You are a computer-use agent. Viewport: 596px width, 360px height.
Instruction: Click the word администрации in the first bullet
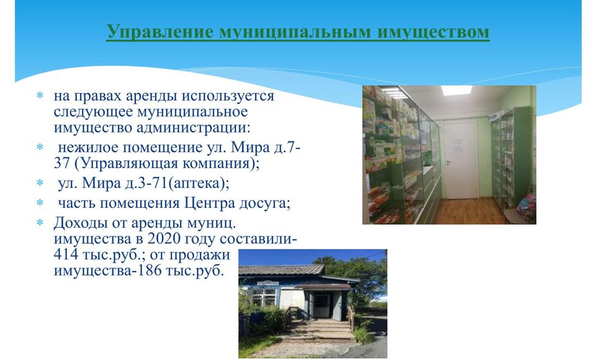[x=194, y=127]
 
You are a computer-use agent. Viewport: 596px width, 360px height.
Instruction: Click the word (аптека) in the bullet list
[x=199, y=184]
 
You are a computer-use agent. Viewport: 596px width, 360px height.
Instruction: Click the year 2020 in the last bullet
[x=163, y=239]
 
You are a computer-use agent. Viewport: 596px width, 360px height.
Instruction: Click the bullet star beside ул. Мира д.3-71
[x=40, y=183]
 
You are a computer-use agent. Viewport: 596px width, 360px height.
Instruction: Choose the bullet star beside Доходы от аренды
[x=40, y=222]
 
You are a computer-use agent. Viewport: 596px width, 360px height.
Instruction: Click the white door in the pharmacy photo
[x=461, y=160]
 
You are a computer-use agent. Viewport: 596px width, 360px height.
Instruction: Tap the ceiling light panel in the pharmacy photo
[x=456, y=91]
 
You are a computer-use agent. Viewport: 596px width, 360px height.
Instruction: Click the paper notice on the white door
[x=459, y=145]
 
